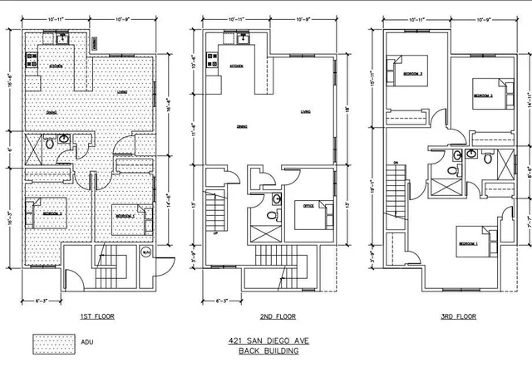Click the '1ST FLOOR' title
(x=97, y=316)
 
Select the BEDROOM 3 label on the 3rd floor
(x=412, y=74)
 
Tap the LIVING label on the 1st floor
(x=121, y=93)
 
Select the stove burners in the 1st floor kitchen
(x=32, y=60)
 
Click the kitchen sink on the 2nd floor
(x=243, y=37)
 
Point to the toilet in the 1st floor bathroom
(x=50, y=143)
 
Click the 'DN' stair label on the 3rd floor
(x=396, y=161)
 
